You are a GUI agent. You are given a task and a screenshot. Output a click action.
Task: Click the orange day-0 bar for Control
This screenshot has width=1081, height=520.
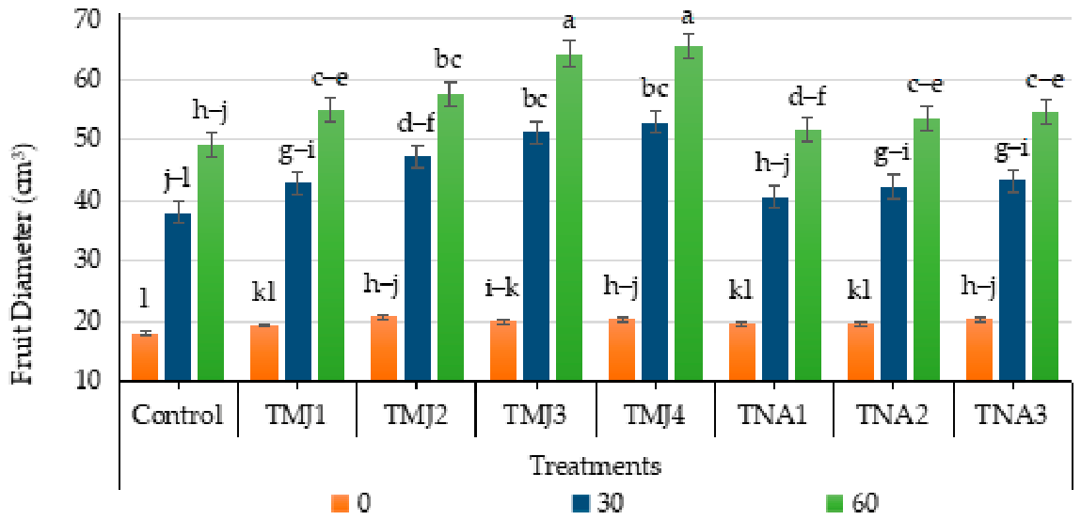146,357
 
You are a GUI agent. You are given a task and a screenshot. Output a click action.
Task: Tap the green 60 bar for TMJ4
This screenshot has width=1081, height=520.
689,213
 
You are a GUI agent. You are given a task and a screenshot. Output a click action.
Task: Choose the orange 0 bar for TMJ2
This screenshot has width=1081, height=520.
383,349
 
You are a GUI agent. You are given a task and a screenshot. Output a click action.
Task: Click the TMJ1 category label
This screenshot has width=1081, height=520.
297,416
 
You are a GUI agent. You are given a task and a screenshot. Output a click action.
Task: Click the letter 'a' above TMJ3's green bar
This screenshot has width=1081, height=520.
569,24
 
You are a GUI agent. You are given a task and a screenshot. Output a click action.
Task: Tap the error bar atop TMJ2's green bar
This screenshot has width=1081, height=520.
452,94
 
